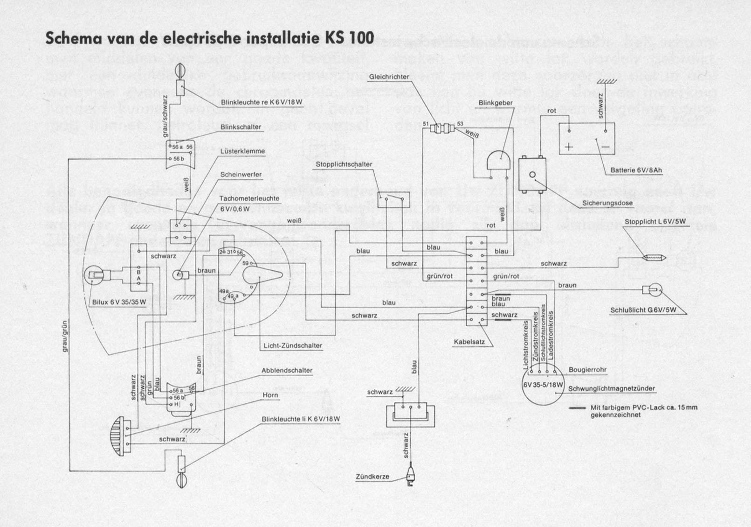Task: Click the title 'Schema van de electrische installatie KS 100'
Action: [x=209, y=38]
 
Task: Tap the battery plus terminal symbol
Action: [x=569, y=147]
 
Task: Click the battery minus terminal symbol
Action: [x=605, y=147]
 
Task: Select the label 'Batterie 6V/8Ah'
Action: [x=636, y=170]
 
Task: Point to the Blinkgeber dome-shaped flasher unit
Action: [x=499, y=161]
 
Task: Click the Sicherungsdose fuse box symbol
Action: [x=532, y=175]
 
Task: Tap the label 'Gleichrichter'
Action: [x=389, y=77]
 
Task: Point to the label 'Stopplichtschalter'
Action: [x=344, y=164]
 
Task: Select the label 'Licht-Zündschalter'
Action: [x=293, y=346]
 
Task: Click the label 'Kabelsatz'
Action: [x=469, y=342]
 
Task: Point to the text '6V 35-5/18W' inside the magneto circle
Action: [x=543, y=385]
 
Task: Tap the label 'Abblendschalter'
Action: [x=287, y=371]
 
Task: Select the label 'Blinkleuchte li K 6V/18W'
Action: [x=301, y=419]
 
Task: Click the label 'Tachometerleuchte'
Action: [x=249, y=198]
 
